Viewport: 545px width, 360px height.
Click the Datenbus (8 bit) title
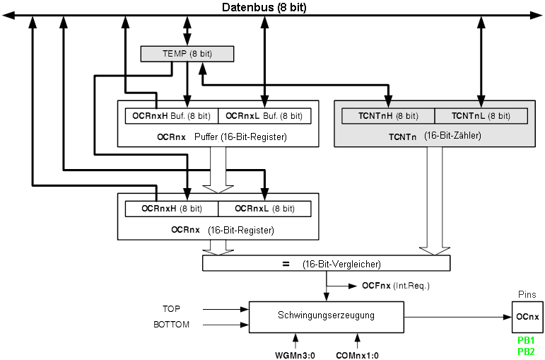[x=264, y=8]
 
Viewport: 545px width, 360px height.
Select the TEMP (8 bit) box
[x=187, y=54]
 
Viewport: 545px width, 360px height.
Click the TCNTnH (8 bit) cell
[x=388, y=115]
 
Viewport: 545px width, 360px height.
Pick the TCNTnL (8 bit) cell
[x=481, y=115]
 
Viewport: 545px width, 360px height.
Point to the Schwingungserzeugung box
[x=326, y=315]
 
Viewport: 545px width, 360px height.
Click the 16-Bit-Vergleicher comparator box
[x=326, y=264]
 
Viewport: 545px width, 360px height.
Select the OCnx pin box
[x=526, y=316]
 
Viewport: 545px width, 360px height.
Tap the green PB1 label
[x=526, y=340]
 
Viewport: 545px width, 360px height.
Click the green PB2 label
[x=526, y=352]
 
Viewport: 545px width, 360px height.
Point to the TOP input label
[x=172, y=309]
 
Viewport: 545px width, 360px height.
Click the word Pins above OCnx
[x=526, y=294]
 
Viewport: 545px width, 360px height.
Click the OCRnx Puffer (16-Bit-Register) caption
[x=218, y=136]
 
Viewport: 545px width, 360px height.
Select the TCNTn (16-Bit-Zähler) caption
[x=434, y=134]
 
